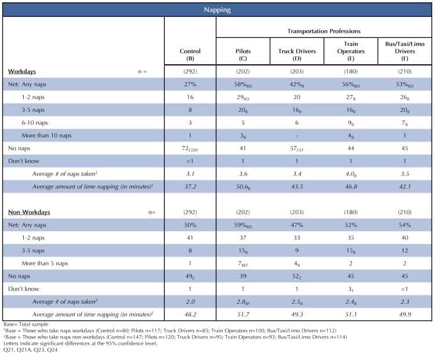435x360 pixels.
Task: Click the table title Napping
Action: click(217, 10)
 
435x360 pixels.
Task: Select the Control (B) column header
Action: click(190, 54)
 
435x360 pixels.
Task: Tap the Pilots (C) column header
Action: click(243, 54)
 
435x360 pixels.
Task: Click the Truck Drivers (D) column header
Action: click(297, 54)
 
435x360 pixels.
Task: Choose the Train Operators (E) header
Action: click(351, 51)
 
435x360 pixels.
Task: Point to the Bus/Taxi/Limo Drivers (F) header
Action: click(405, 51)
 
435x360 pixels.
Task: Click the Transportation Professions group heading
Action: click(324, 31)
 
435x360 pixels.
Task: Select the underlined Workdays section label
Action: click(22, 71)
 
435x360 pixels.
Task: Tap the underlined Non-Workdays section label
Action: click(29, 212)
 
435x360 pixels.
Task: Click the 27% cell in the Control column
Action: click(190, 84)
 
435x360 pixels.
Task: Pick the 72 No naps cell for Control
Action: click(190, 148)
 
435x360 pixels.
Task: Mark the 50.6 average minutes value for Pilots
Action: click(243, 187)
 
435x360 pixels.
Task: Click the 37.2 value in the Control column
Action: click(190, 187)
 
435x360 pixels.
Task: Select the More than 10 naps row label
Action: click(46, 136)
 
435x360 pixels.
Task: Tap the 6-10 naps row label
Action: click(35, 122)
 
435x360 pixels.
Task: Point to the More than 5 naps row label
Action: click(45, 263)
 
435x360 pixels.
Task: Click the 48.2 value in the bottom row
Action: click(190, 315)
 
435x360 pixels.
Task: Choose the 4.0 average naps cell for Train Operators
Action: click(351, 174)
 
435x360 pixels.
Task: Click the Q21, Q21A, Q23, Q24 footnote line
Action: click(30, 350)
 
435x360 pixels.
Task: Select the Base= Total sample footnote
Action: click(26, 324)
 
